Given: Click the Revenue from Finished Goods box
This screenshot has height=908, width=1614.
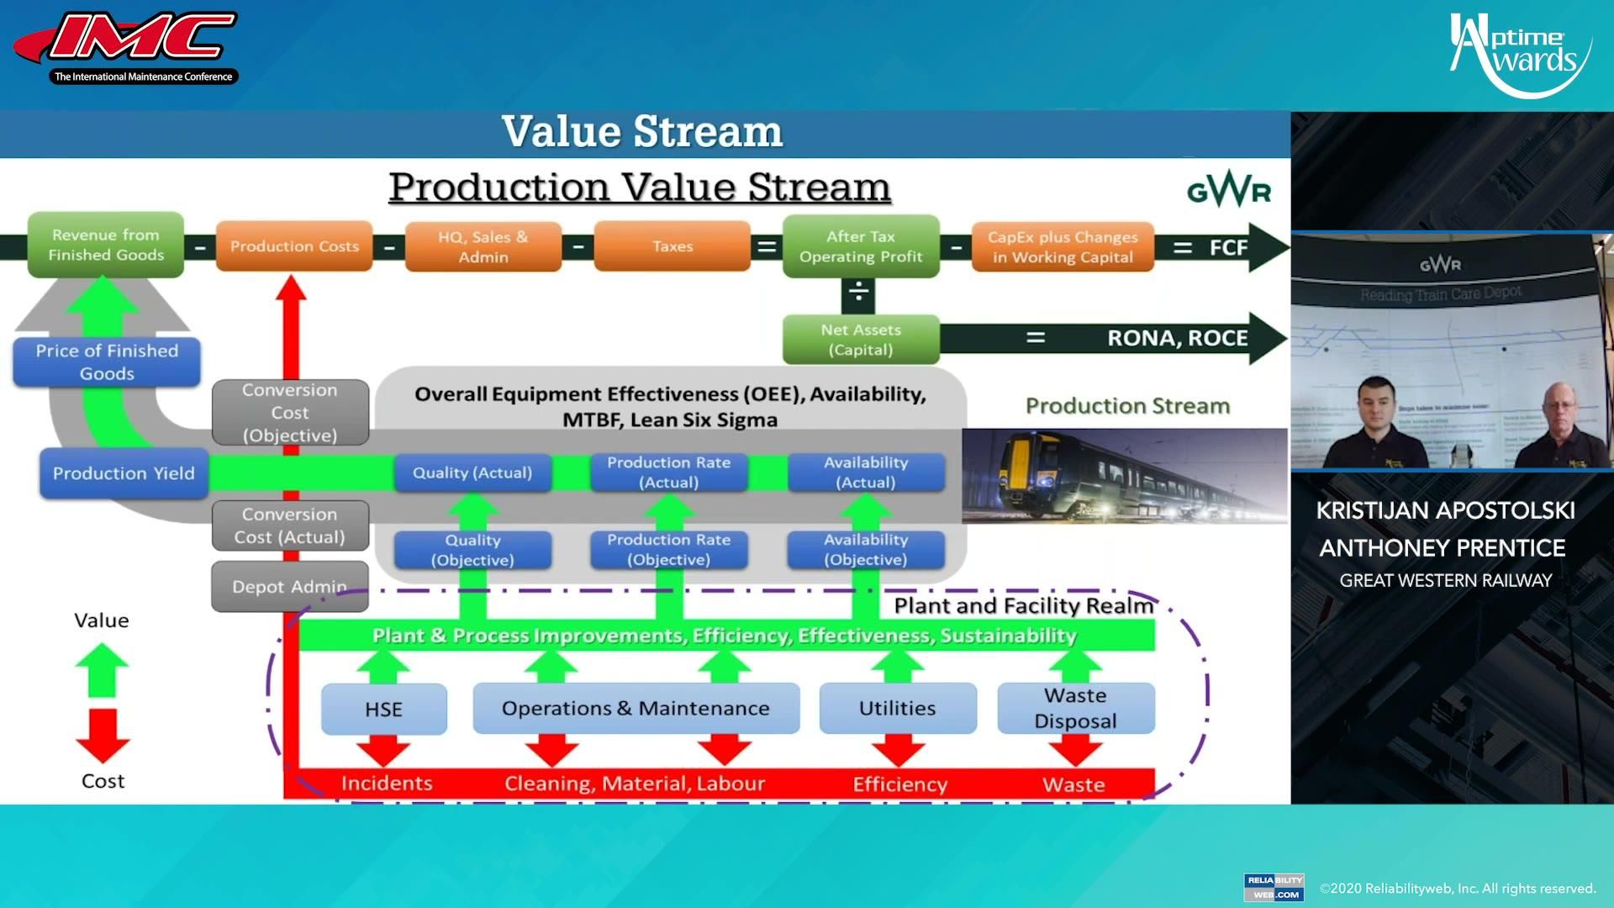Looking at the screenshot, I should tap(106, 245).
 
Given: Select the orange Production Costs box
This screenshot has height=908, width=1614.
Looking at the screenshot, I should tap(294, 246).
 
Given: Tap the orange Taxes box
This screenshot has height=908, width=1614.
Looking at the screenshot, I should tap(672, 246).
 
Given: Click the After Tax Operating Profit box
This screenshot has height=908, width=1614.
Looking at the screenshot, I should tap(861, 246).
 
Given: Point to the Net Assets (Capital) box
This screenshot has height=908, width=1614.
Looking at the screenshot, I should tap(861, 340).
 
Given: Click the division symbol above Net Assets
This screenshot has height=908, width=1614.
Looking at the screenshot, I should tap(858, 293).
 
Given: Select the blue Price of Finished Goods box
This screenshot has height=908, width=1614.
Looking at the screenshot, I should tap(107, 362).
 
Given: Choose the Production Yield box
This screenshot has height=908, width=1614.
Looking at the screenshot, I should tap(124, 473).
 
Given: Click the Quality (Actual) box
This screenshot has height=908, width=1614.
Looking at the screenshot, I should tap(472, 473).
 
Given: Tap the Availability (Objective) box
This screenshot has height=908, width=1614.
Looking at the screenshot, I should tap(866, 550).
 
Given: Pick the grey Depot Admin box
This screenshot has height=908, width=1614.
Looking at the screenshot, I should tap(289, 587).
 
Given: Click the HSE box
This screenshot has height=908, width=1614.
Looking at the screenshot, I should tap(384, 710).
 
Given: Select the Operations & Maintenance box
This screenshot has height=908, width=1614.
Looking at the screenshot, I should tap(636, 709).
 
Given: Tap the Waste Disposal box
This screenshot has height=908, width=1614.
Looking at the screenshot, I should tap(1076, 708).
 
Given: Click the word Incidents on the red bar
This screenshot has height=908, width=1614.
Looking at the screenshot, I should tap(387, 784).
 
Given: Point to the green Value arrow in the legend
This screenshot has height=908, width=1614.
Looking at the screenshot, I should tap(102, 670).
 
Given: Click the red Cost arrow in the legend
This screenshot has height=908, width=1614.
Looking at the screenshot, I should tap(103, 734).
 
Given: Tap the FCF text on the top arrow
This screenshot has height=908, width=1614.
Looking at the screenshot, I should tap(1228, 248).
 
